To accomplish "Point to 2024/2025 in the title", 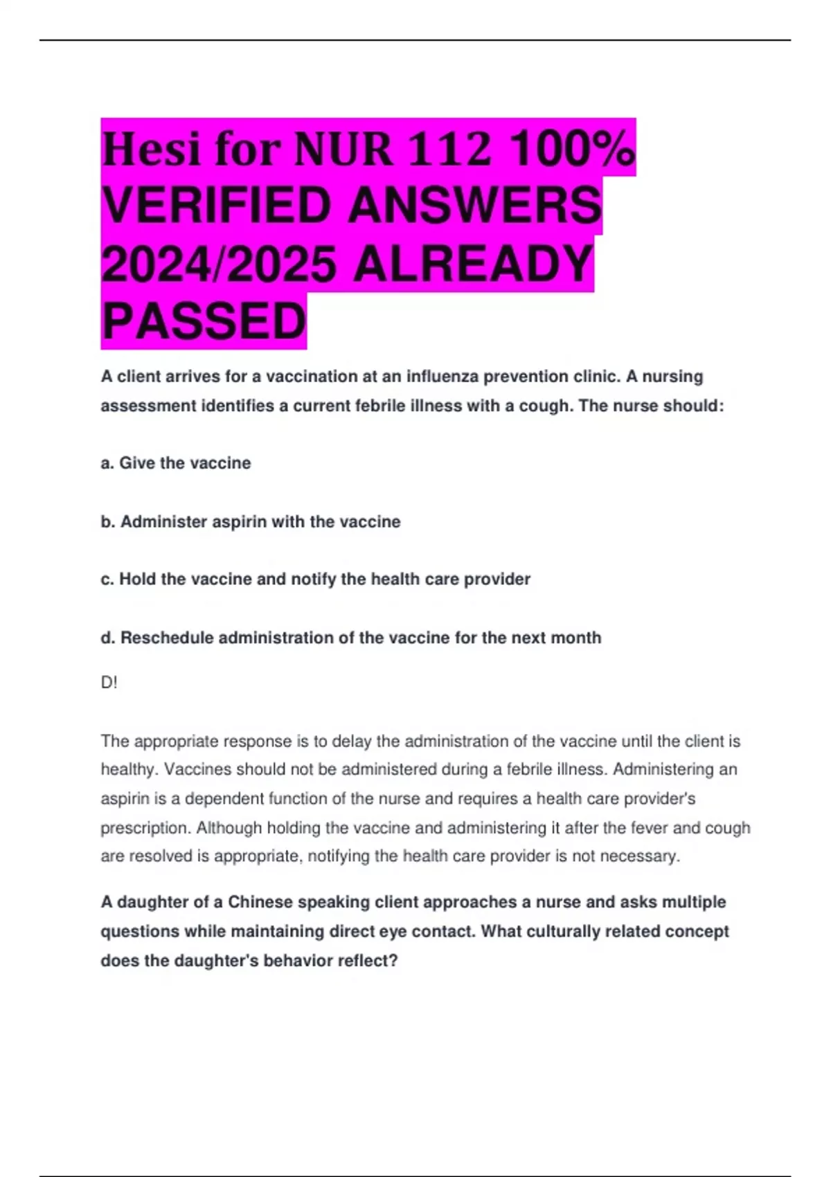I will coord(219,264).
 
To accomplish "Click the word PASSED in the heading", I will coord(204,321).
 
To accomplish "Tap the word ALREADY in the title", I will coord(473,264).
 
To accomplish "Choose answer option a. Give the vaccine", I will coord(176,463).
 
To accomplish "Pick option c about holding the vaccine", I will coord(316,579).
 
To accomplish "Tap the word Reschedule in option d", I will coord(167,638).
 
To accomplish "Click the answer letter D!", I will coord(109,683).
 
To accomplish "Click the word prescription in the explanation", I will coord(145,827).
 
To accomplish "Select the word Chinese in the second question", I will coord(260,902).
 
